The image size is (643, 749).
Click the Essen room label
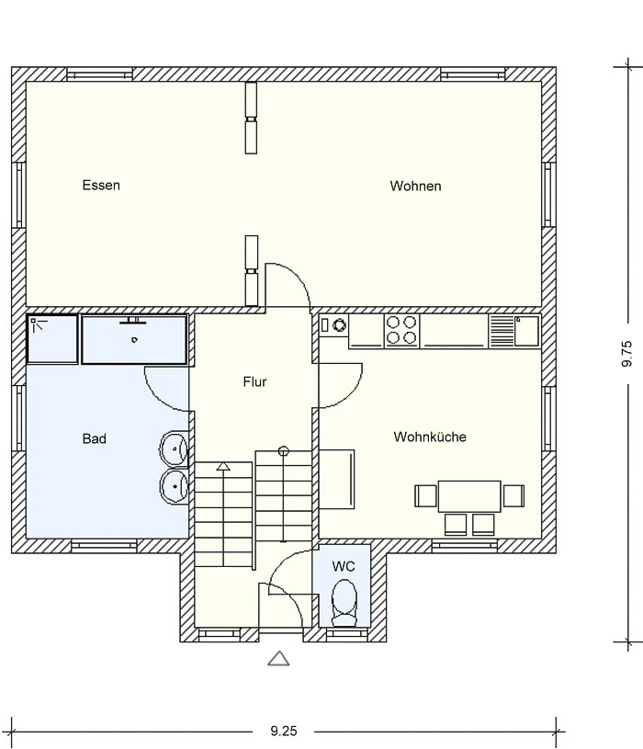click(x=101, y=185)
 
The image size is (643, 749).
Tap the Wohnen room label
click(x=415, y=186)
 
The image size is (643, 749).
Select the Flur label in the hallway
click(x=254, y=381)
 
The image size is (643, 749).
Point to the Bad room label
click(x=94, y=438)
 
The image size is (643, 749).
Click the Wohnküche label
click(x=430, y=437)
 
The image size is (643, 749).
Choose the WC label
click(x=344, y=566)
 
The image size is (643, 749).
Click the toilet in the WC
click(x=344, y=603)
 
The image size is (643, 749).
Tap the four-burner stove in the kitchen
click(x=401, y=331)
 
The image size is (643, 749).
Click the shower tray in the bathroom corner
click(x=52, y=339)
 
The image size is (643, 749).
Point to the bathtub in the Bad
click(x=134, y=339)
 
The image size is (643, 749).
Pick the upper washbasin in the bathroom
click(x=174, y=448)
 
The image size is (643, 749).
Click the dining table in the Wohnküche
click(x=469, y=496)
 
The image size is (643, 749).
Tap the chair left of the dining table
click(x=425, y=496)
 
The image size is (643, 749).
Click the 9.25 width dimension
click(x=284, y=731)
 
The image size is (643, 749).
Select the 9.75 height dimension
click(x=626, y=354)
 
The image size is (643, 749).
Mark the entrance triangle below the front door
click(x=278, y=658)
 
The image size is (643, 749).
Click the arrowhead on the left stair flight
click(x=223, y=466)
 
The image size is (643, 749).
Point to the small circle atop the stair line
click(x=284, y=450)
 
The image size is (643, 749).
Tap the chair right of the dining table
click(x=513, y=496)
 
